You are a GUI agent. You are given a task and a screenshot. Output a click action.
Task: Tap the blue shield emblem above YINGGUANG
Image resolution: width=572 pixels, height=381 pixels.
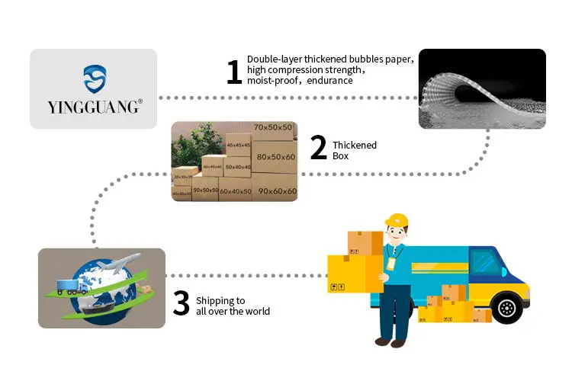tap(95, 78)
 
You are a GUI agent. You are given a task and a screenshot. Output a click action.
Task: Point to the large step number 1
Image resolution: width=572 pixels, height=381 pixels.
tap(234, 72)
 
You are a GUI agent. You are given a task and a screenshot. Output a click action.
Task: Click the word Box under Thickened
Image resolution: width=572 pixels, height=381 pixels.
tap(340, 156)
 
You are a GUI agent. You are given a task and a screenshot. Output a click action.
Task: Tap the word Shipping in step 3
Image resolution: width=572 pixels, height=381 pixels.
tap(210, 300)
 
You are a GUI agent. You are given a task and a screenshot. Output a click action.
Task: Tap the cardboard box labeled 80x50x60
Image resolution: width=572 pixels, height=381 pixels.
tap(276, 158)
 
